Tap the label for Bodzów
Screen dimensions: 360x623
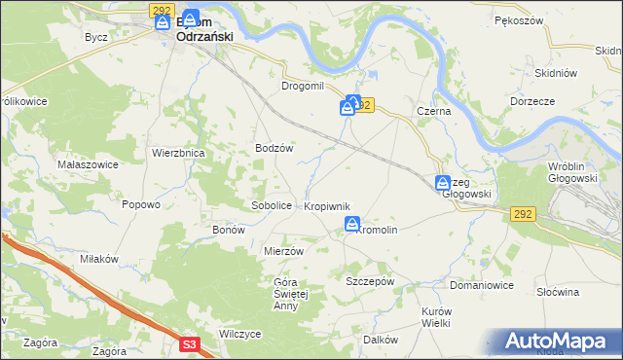[x=274, y=148]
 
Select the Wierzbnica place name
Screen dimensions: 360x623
[x=176, y=153]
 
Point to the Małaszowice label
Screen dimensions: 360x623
[x=87, y=164]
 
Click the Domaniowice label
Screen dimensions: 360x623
[x=481, y=286]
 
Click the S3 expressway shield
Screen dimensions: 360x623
[x=190, y=343]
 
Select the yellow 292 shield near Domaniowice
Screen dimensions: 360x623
[x=521, y=214]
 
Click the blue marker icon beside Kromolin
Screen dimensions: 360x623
[x=351, y=225]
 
